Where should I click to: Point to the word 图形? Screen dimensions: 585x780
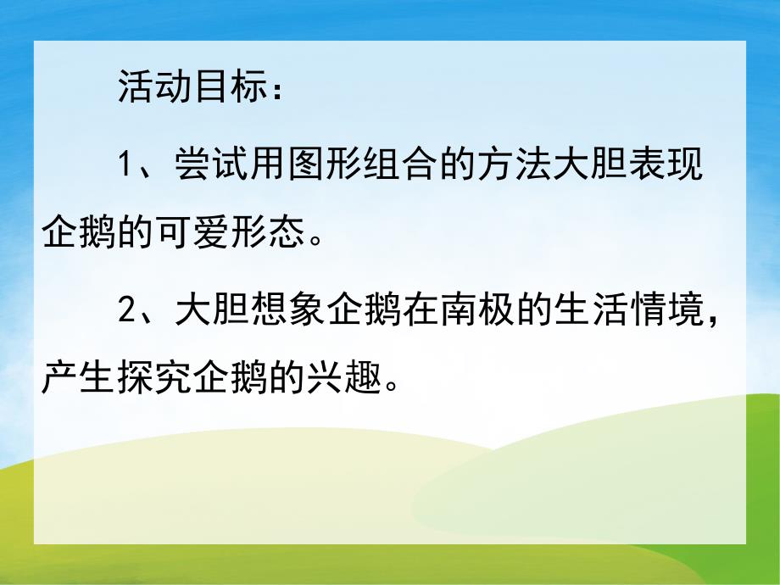[329, 163]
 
